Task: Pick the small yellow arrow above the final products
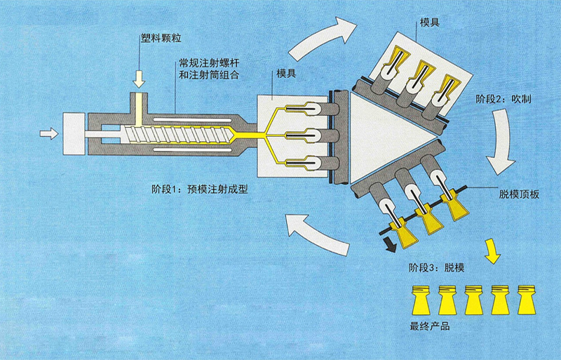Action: tap(493, 251)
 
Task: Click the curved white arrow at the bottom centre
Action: tap(319, 235)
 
